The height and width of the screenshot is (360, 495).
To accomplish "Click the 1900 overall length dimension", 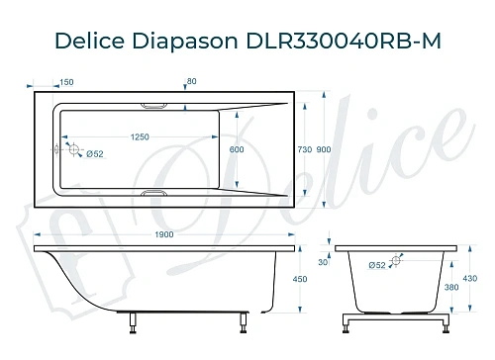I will pyautogui.click(x=164, y=233).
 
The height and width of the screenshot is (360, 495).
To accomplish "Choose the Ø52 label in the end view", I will pyautogui.click(x=377, y=265).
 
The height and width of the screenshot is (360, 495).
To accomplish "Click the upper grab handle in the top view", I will pyautogui.click(x=155, y=104).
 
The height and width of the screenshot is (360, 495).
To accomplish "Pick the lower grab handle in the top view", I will pyautogui.click(x=155, y=194).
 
